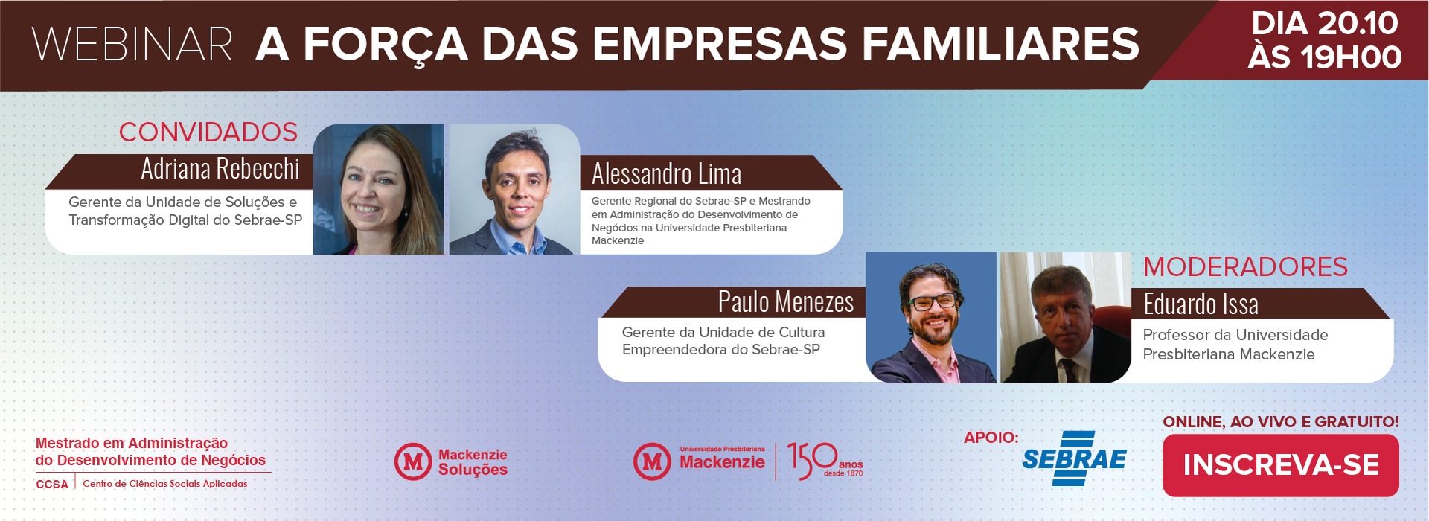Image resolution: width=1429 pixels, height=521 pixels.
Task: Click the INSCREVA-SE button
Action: coord(1280,465)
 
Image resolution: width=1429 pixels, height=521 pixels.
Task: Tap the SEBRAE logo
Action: coord(1074,458)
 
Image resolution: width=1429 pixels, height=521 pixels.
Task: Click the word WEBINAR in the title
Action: coord(132,45)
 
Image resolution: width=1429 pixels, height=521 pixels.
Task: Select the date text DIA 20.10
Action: coord(1325,23)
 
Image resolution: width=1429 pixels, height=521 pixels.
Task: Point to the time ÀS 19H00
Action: coord(1325,57)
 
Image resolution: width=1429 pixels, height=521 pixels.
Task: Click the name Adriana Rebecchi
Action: coord(220,169)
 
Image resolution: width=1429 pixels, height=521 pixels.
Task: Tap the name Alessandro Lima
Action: coord(666,174)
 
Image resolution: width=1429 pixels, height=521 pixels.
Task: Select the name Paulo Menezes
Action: coord(786,302)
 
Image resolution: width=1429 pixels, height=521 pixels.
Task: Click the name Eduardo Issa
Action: coord(1201,304)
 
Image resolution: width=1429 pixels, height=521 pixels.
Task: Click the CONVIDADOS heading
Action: coord(208,132)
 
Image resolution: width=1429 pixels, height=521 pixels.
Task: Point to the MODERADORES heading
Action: coord(1245,267)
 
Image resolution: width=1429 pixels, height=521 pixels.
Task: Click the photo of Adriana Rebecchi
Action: coord(378,189)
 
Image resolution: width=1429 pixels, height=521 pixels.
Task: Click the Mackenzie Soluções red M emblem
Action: coord(413,461)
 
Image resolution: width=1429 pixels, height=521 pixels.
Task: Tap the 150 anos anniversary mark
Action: coord(825,461)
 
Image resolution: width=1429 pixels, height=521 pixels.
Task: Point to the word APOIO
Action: coord(991,438)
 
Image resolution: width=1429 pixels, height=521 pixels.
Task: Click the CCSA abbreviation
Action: coord(52,484)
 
